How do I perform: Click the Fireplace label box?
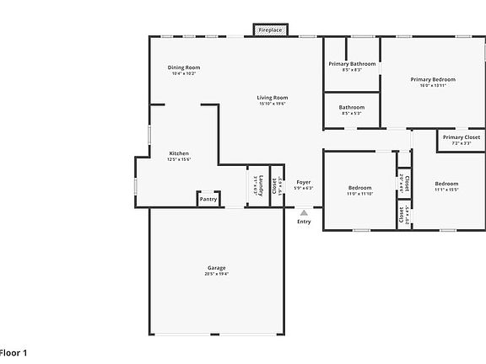(270, 29)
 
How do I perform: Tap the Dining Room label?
(183, 67)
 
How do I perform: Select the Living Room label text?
(273, 98)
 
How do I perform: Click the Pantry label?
(208, 200)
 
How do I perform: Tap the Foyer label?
(304, 182)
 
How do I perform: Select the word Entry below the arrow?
(304, 222)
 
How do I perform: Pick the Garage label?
(217, 268)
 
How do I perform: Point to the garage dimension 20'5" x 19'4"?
(217, 274)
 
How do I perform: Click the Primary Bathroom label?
(352, 64)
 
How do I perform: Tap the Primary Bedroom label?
(432, 80)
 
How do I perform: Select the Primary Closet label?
(462, 137)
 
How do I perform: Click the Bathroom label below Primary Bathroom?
(352, 107)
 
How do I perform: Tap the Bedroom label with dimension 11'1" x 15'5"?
(446, 183)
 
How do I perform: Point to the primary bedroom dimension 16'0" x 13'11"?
(432, 86)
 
